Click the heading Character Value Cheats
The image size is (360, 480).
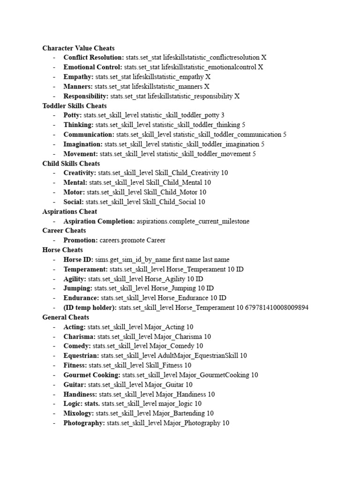pos(78,48)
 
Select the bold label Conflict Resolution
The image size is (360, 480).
pos(94,57)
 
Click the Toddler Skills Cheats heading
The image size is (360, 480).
pos(74,105)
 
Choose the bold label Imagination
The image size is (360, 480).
pos(83,144)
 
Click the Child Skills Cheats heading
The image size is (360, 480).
pos(71,163)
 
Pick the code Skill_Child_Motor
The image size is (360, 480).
pos(177,192)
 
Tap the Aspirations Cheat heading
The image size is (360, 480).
pos(69,211)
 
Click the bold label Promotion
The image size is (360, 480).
pos(81,240)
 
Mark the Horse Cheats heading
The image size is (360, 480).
pos(62,250)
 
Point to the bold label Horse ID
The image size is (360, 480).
pos(78,259)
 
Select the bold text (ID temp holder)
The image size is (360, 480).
pos(90,307)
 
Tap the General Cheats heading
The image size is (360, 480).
pos(64,317)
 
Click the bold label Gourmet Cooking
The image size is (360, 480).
pos(92,375)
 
